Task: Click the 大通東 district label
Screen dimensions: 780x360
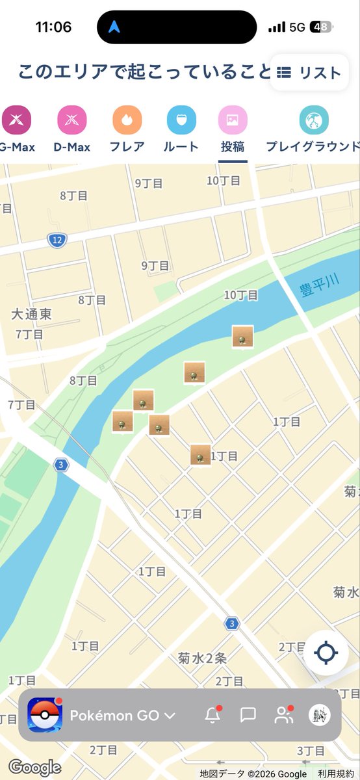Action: click(31, 314)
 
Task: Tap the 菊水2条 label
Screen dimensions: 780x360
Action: click(203, 658)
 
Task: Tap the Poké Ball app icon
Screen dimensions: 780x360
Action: click(45, 715)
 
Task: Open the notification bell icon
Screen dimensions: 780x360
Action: click(212, 716)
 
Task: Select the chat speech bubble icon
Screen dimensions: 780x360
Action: click(248, 716)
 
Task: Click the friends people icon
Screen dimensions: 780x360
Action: click(283, 716)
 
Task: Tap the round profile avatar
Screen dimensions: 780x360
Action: click(319, 715)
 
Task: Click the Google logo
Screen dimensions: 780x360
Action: click(34, 768)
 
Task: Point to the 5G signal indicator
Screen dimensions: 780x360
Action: click(297, 27)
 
